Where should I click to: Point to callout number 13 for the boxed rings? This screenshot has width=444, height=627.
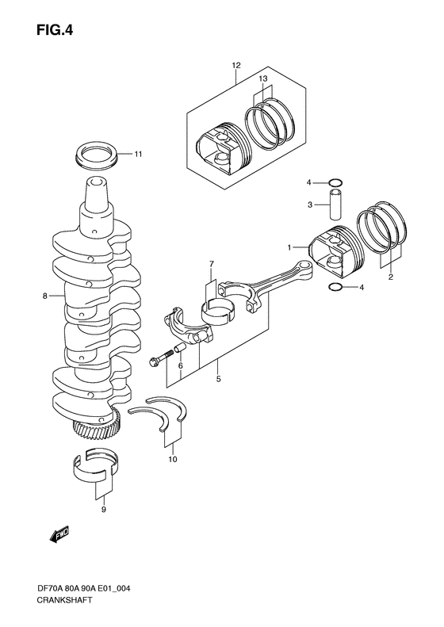click(264, 78)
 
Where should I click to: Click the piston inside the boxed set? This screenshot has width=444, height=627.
click(222, 149)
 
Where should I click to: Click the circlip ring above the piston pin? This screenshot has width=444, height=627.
click(336, 185)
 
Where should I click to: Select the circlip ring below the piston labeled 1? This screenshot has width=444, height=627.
click(335, 288)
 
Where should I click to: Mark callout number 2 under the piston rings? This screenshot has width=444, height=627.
click(390, 277)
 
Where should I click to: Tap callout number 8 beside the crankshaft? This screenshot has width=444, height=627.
click(47, 296)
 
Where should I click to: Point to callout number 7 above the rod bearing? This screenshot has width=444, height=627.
click(212, 264)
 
